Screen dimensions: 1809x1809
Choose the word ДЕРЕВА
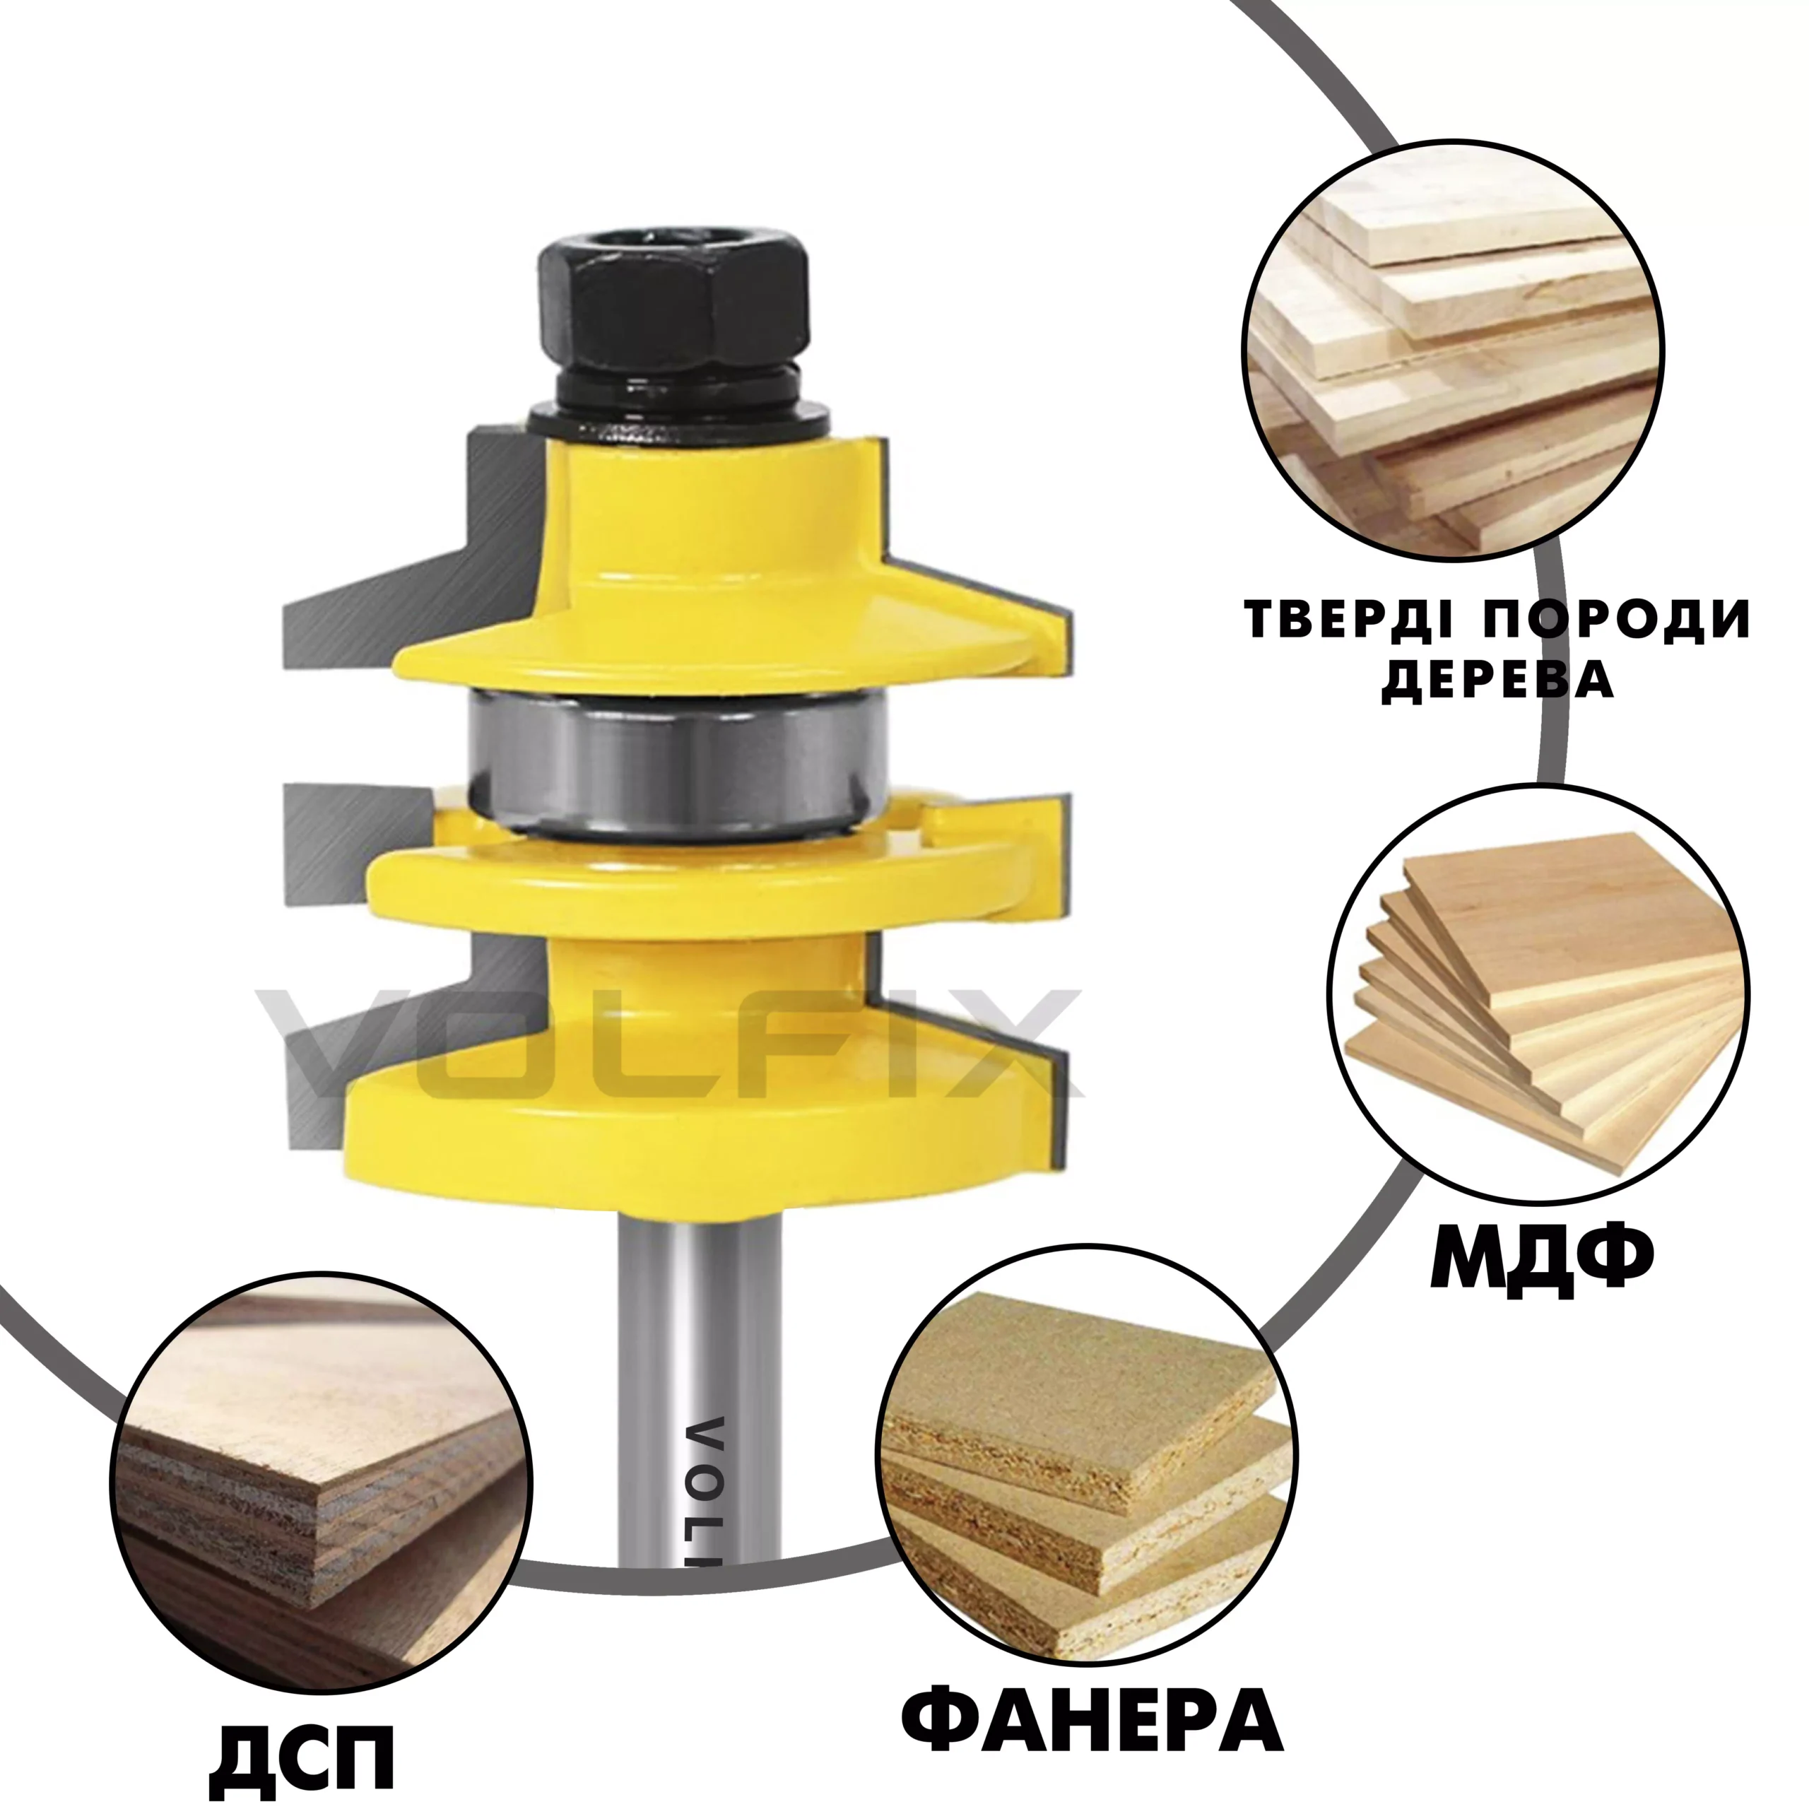point(1498,680)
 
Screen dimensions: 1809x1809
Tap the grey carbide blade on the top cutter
point(412,553)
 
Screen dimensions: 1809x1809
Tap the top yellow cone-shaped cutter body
point(731,571)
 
